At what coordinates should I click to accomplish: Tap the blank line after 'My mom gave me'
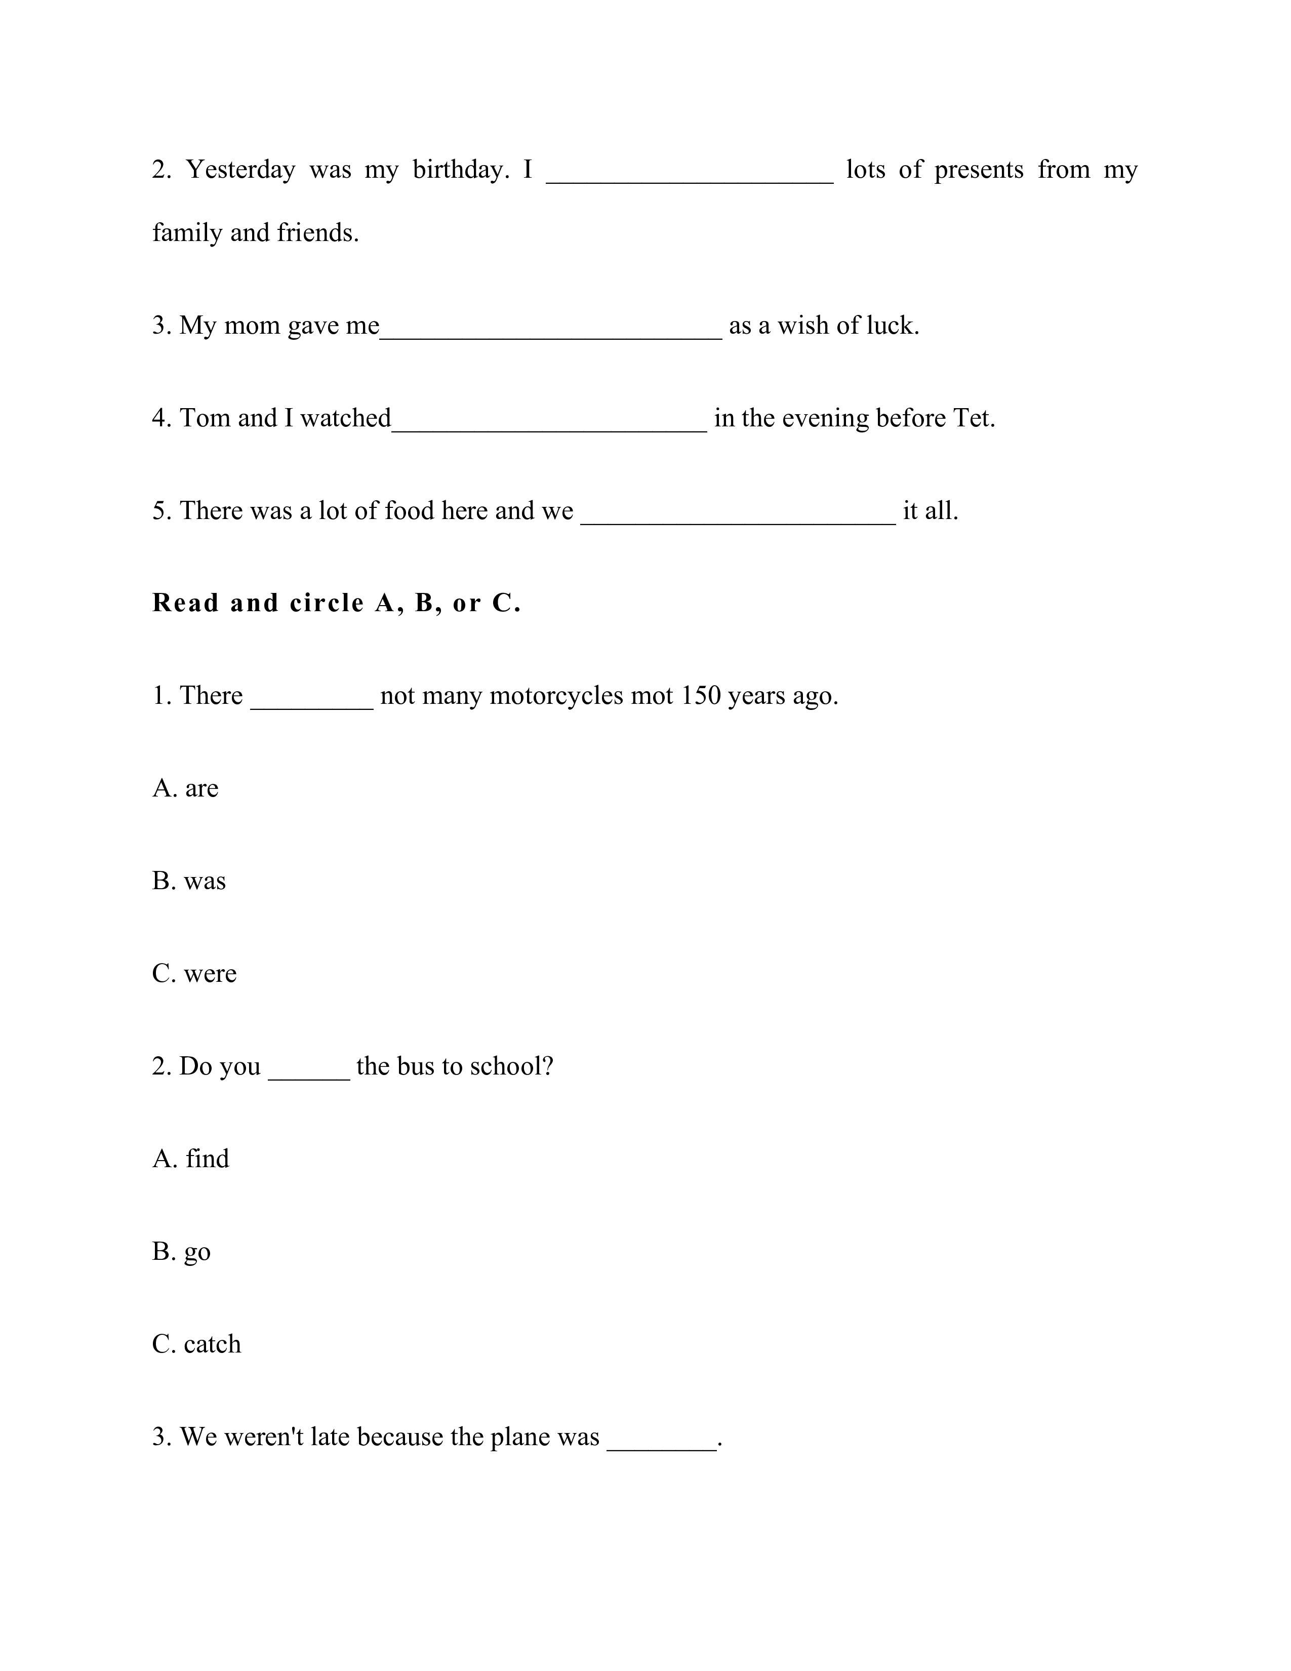coord(551,329)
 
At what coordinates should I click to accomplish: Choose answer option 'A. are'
coord(185,788)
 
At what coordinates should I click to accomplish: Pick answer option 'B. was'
coord(189,881)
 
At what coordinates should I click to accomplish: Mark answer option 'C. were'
coord(194,973)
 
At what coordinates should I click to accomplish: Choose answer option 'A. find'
coord(190,1159)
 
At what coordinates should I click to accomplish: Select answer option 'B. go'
coord(181,1252)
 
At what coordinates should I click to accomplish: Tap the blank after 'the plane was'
coord(662,1442)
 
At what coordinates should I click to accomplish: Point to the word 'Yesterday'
coord(241,170)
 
